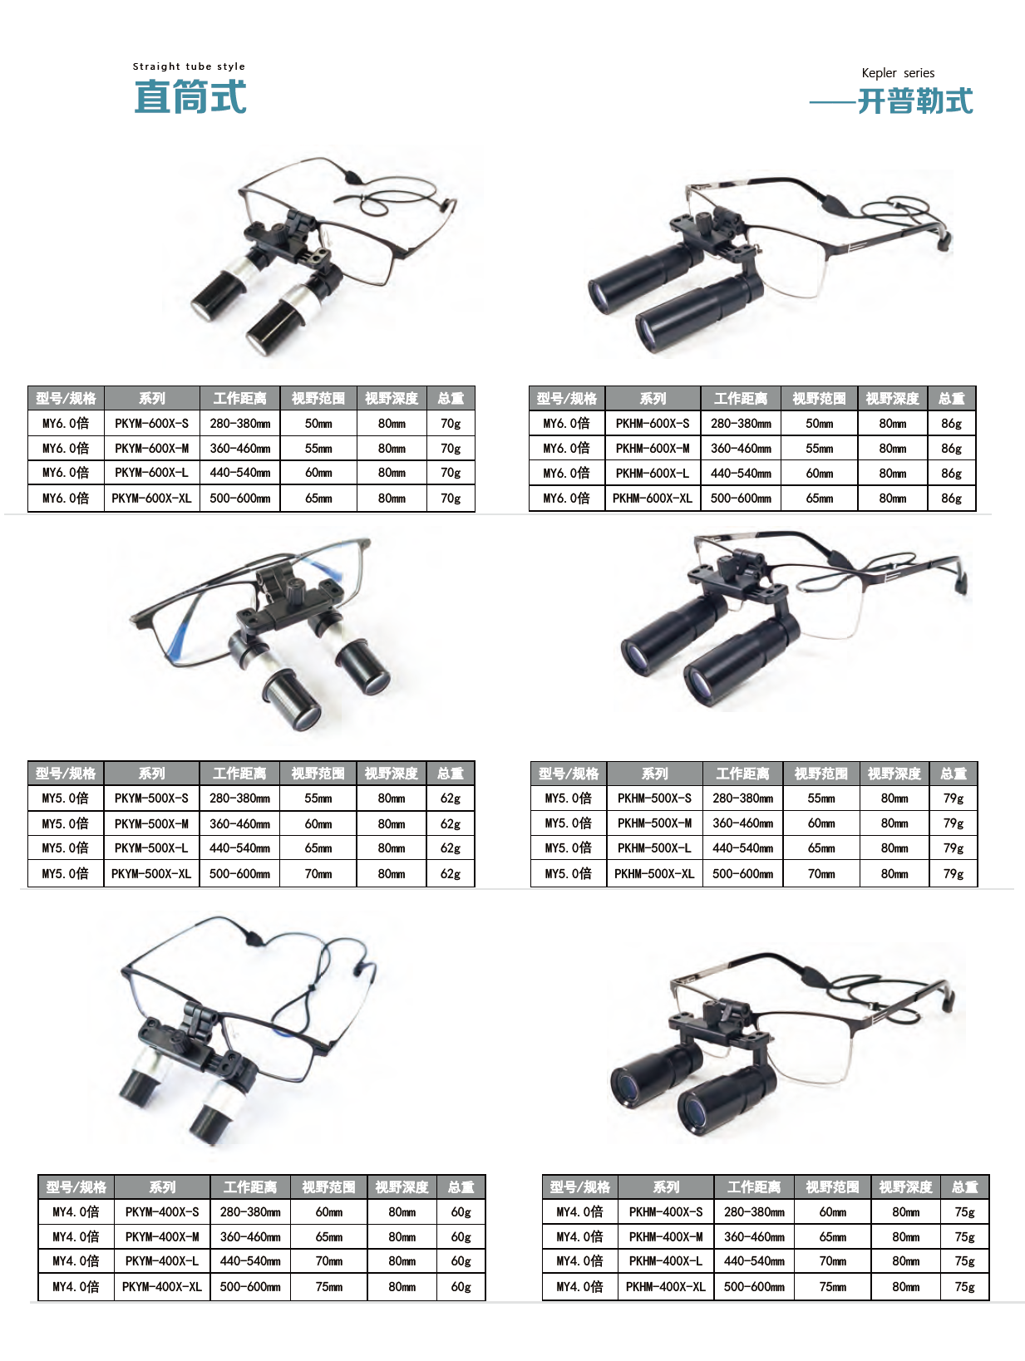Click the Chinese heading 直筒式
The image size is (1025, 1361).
coord(190,96)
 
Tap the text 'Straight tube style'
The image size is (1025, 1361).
coord(189,66)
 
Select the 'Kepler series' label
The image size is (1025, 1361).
coord(897,73)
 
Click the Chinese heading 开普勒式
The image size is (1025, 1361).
coord(914,101)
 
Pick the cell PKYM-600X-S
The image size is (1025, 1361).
coord(151,424)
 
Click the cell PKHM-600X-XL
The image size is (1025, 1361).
coord(652,498)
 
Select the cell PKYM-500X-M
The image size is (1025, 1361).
coord(151,823)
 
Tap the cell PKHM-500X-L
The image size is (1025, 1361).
coord(654,848)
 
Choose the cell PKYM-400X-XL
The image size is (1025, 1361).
coord(162,1286)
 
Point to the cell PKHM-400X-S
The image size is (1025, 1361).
coord(665,1211)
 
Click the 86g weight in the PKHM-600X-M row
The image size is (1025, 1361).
coord(950,449)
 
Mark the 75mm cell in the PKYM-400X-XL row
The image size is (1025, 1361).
coord(328,1286)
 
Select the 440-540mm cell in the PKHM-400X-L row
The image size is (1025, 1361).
coord(753,1260)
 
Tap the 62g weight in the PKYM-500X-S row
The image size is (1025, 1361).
coord(451,798)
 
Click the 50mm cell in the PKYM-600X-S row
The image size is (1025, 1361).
coord(318,424)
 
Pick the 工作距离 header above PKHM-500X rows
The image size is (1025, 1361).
coord(742,774)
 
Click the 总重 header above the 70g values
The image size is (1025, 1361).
coord(451,398)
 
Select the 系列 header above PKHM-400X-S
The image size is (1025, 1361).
coord(665,1187)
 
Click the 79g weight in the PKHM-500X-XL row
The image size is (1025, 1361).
coord(953,873)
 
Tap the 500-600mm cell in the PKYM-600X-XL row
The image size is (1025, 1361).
coord(239,498)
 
